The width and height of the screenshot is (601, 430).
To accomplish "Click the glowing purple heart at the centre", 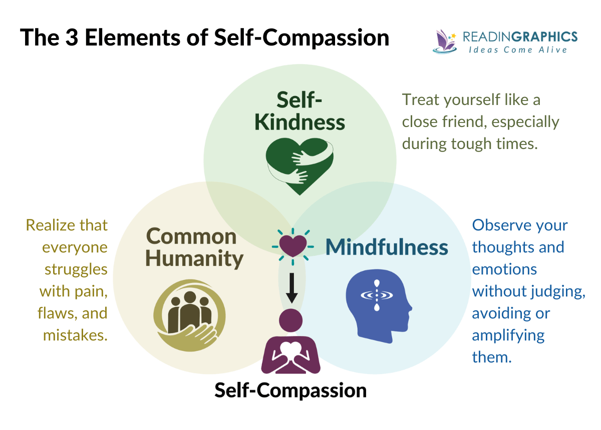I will point(292,245).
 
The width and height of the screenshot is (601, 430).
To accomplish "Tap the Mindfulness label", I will point(387,246).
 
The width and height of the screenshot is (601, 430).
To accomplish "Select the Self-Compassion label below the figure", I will point(290,389).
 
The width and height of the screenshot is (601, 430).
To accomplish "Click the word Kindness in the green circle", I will point(300,122).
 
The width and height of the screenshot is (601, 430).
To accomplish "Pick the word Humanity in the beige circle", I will point(194,258).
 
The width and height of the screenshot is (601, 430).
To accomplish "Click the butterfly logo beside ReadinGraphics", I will point(444,40).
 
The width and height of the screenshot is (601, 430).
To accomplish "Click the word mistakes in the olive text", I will point(76,334).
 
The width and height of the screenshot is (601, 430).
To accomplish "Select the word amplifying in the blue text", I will point(508,334).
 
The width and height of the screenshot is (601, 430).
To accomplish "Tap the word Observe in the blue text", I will point(501,225).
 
